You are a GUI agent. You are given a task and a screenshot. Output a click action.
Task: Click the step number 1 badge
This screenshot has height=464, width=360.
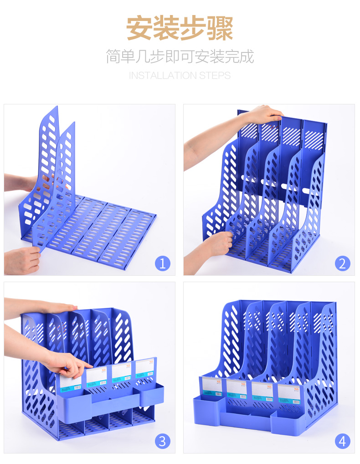pyautogui.click(x=163, y=263)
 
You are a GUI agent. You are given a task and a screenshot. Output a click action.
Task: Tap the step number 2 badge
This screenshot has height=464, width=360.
pyautogui.click(x=342, y=263)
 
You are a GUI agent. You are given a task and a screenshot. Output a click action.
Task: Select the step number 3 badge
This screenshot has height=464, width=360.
pyautogui.click(x=163, y=441)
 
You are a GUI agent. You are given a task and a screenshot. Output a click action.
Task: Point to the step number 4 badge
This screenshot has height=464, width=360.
pyautogui.click(x=342, y=441)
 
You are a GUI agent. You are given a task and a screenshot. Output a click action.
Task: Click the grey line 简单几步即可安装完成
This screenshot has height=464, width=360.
pyautogui.click(x=180, y=57)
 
